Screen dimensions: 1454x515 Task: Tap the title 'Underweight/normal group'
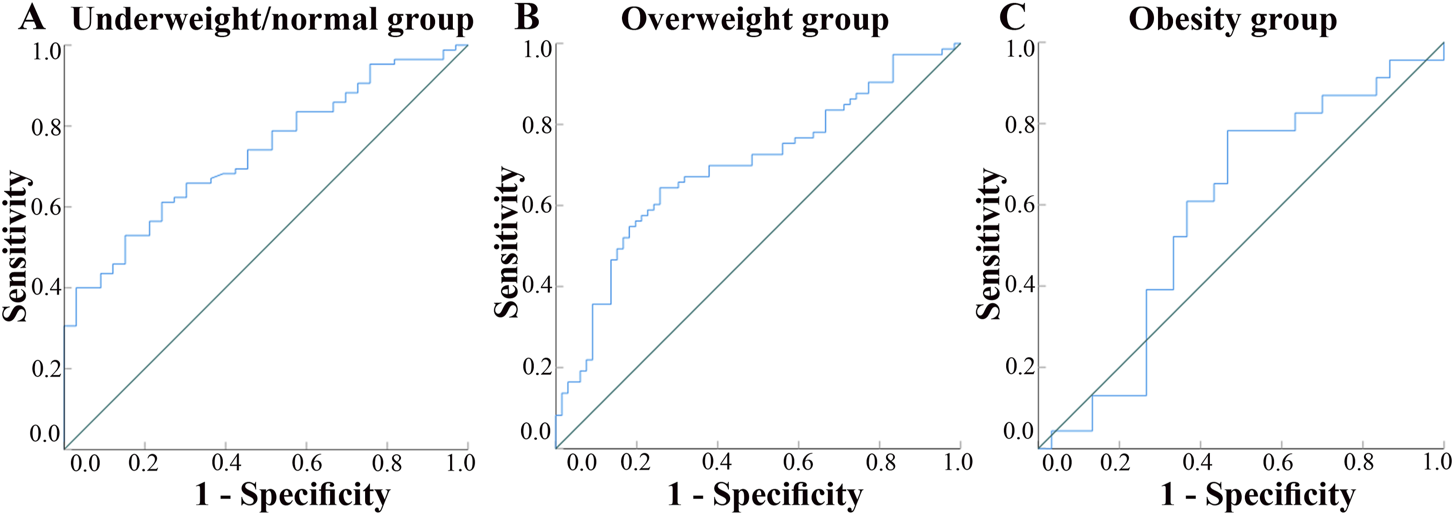click(273, 20)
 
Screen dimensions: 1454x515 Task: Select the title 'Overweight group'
click(755, 20)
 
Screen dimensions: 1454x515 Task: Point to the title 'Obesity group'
click(1232, 20)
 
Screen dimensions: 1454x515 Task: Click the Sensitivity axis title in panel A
click(16, 246)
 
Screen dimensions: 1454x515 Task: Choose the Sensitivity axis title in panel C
click(989, 244)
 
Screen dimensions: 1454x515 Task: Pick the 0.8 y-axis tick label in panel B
click(537, 125)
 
